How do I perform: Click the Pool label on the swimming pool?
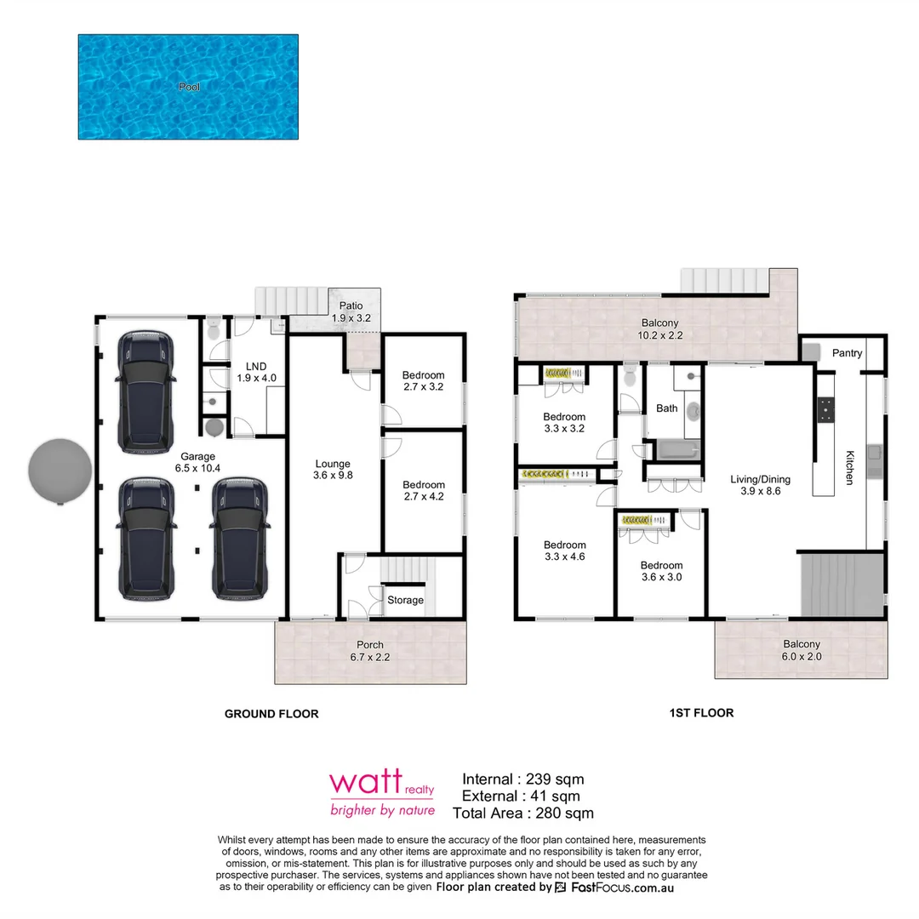pyautogui.click(x=190, y=87)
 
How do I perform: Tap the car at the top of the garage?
pyautogui.click(x=148, y=391)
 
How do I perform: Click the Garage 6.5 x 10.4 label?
pyautogui.click(x=197, y=463)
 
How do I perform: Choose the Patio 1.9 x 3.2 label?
pyautogui.click(x=351, y=311)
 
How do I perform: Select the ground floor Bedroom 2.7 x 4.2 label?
pyautogui.click(x=423, y=491)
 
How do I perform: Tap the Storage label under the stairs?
pyautogui.click(x=405, y=600)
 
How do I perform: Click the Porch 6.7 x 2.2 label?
pyautogui.click(x=370, y=651)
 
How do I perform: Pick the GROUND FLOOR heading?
pyautogui.click(x=271, y=714)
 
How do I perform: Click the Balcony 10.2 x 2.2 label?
pyautogui.click(x=659, y=328)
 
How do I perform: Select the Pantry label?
pyautogui.click(x=848, y=353)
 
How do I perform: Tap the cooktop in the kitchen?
pyautogui.click(x=825, y=410)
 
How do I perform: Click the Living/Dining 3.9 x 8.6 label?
pyautogui.click(x=755, y=485)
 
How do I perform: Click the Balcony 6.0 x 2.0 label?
pyautogui.click(x=802, y=651)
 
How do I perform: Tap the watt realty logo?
pyautogui.click(x=382, y=793)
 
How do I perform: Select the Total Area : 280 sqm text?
pyautogui.click(x=522, y=813)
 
